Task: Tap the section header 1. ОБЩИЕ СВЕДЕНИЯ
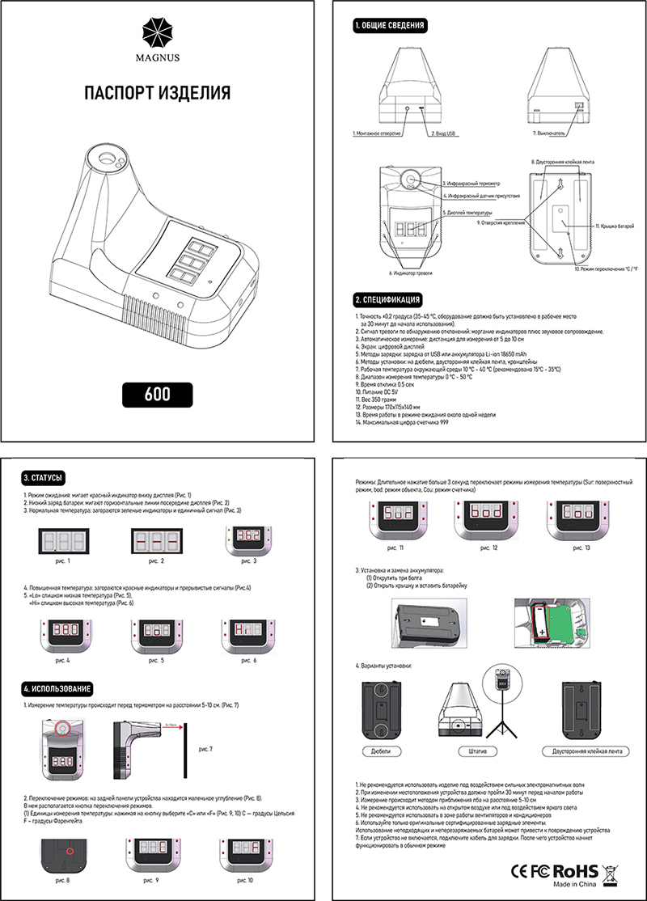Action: pyautogui.click(x=390, y=26)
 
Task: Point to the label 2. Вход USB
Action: pyautogui.click(x=444, y=132)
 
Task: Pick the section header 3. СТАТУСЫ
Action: pyautogui.click(x=44, y=477)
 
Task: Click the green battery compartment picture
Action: pyautogui.click(x=558, y=624)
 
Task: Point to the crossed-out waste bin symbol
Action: pyautogui.click(x=611, y=870)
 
